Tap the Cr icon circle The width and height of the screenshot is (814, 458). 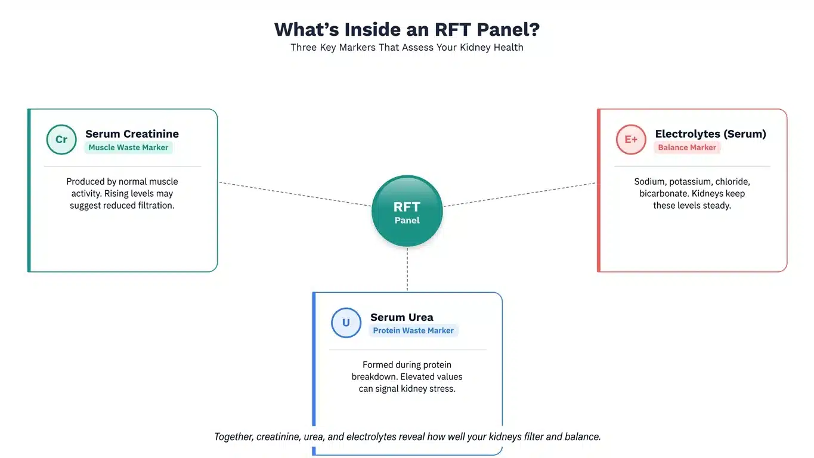click(x=61, y=140)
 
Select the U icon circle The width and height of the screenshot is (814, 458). click(x=346, y=323)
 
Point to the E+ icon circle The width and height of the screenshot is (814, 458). click(x=631, y=140)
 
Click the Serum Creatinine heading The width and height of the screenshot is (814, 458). click(x=132, y=134)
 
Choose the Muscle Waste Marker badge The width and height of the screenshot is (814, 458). click(x=128, y=147)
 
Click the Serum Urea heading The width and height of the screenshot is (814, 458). click(x=401, y=317)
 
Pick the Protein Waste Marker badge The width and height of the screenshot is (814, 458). click(x=413, y=330)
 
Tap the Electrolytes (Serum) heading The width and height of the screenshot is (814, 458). click(x=710, y=134)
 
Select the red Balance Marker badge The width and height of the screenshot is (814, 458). click(x=687, y=147)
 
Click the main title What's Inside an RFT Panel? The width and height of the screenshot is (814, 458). click(x=407, y=29)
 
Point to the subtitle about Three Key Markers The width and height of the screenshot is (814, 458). click(x=407, y=47)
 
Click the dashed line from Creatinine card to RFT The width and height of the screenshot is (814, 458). click(x=295, y=194)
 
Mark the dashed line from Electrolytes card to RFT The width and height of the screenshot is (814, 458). click(x=519, y=194)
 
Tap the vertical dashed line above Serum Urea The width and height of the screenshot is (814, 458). click(x=407, y=270)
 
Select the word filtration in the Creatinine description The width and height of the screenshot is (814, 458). click(x=154, y=206)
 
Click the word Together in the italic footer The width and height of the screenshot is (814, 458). click(x=233, y=437)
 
